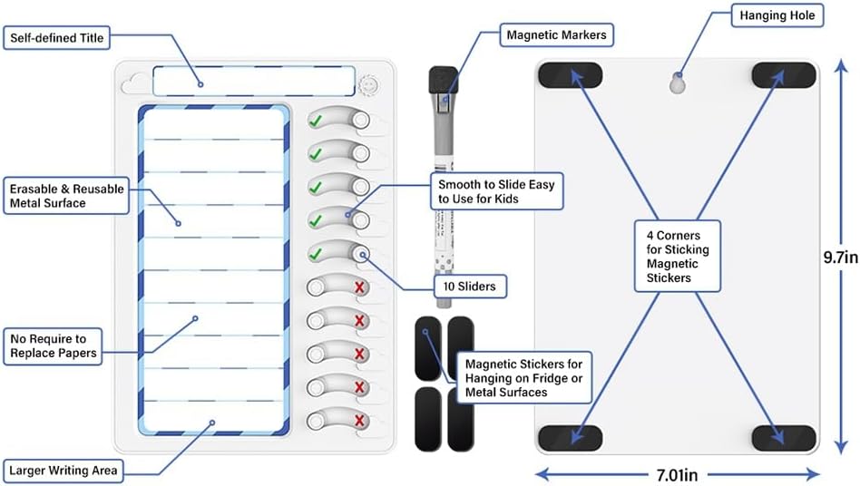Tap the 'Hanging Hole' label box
pyautogui.click(x=777, y=15)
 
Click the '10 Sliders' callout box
pyautogui.click(x=470, y=287)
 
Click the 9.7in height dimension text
pyautogui.click(x=840, y=258)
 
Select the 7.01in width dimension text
pyautogui.click(x=679, y=472)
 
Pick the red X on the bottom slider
pyautogui.click(x=360, y=421)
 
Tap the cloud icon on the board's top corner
pyautogui.click(x=134, y=83)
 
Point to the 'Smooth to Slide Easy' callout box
pyautogui.click(x=494, y=190)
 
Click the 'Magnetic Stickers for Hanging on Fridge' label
pyautogui.click(x=524, y=376)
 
